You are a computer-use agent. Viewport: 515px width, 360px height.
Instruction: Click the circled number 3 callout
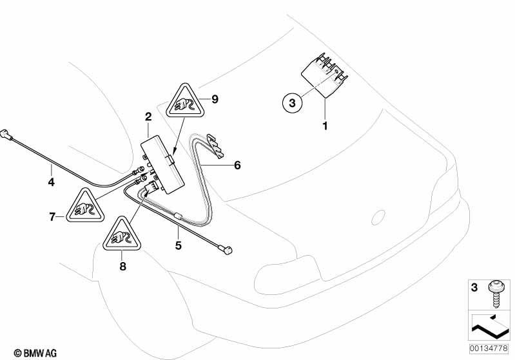[x=292, y=102]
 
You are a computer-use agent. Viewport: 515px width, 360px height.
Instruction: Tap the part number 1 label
[x=325, y=126]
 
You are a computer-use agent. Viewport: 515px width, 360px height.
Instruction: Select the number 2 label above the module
[x=148, y=117]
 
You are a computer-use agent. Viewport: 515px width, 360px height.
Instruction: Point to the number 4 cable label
[x=51, y=182]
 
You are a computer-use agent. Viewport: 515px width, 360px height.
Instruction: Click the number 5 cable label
[x=179, y=245]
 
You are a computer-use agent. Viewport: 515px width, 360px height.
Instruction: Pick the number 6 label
[x=237, y=165]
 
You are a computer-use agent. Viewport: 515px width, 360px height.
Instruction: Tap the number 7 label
[x=52, y=217]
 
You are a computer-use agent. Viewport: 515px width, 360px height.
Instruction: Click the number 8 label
[x=122, y=266]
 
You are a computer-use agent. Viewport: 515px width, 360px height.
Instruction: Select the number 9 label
[x=215, y=99]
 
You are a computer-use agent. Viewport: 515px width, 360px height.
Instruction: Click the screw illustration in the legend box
[x=495, y=294]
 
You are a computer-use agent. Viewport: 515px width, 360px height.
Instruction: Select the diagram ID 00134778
[x=489, y=348]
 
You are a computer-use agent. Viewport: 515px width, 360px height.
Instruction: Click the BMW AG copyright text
[x=35, y=353]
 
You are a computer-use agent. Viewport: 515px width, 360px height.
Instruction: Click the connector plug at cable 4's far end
[x=7, y=135]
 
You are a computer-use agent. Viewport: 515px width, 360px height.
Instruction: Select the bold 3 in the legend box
[x=474, y=287]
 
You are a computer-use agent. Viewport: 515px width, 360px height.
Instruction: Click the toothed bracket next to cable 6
[x=217, y=145]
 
